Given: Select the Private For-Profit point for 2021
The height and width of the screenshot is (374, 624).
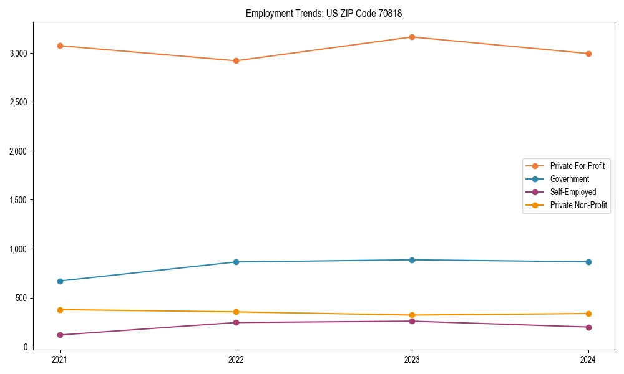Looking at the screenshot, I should (60, 46).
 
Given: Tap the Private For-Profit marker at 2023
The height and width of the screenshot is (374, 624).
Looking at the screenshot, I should (412, 37).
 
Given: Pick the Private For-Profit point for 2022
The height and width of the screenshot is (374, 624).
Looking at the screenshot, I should (236, 60).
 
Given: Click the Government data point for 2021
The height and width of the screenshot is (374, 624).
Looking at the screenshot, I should (60, 281).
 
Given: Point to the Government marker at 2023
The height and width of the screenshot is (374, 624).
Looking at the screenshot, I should (412, 260).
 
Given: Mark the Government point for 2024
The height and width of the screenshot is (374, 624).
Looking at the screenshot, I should (588, 262).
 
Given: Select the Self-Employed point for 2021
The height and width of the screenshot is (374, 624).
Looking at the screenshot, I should (60, 335).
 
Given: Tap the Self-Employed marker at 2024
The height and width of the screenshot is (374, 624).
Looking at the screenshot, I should (588, 327).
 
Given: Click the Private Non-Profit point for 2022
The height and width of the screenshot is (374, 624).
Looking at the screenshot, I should (236, 312).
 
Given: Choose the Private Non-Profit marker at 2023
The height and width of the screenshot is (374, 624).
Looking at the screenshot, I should (412, 315).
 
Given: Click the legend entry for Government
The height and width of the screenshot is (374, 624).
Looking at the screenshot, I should (569, 179).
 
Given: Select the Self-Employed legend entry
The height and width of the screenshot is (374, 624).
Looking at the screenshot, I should (573, 192).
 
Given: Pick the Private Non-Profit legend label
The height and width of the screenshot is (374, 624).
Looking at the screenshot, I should (578, 205).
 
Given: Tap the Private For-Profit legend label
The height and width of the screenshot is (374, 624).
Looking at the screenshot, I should (577, 166).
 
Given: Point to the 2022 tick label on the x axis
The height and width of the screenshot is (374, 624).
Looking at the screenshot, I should (236, 360).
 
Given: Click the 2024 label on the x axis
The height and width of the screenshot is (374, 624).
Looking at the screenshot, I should (588, 360).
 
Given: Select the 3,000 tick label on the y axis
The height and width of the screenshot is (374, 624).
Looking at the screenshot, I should (19, 53).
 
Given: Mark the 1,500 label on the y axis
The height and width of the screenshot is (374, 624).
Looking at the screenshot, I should (19, 200).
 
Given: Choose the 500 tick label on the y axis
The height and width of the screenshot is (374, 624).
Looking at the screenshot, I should (22, 298).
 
